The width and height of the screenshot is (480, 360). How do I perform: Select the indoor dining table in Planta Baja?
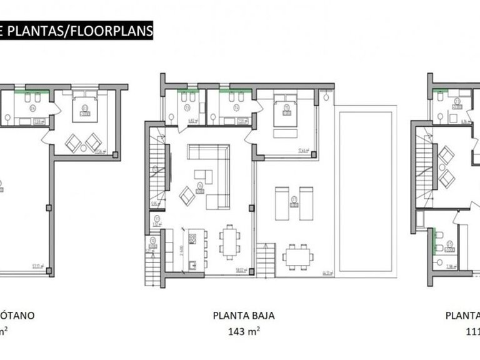229,241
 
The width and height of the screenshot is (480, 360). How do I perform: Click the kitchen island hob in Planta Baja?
192,238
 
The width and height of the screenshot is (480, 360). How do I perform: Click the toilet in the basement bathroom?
7,117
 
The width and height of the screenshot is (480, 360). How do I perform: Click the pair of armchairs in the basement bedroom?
84,142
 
